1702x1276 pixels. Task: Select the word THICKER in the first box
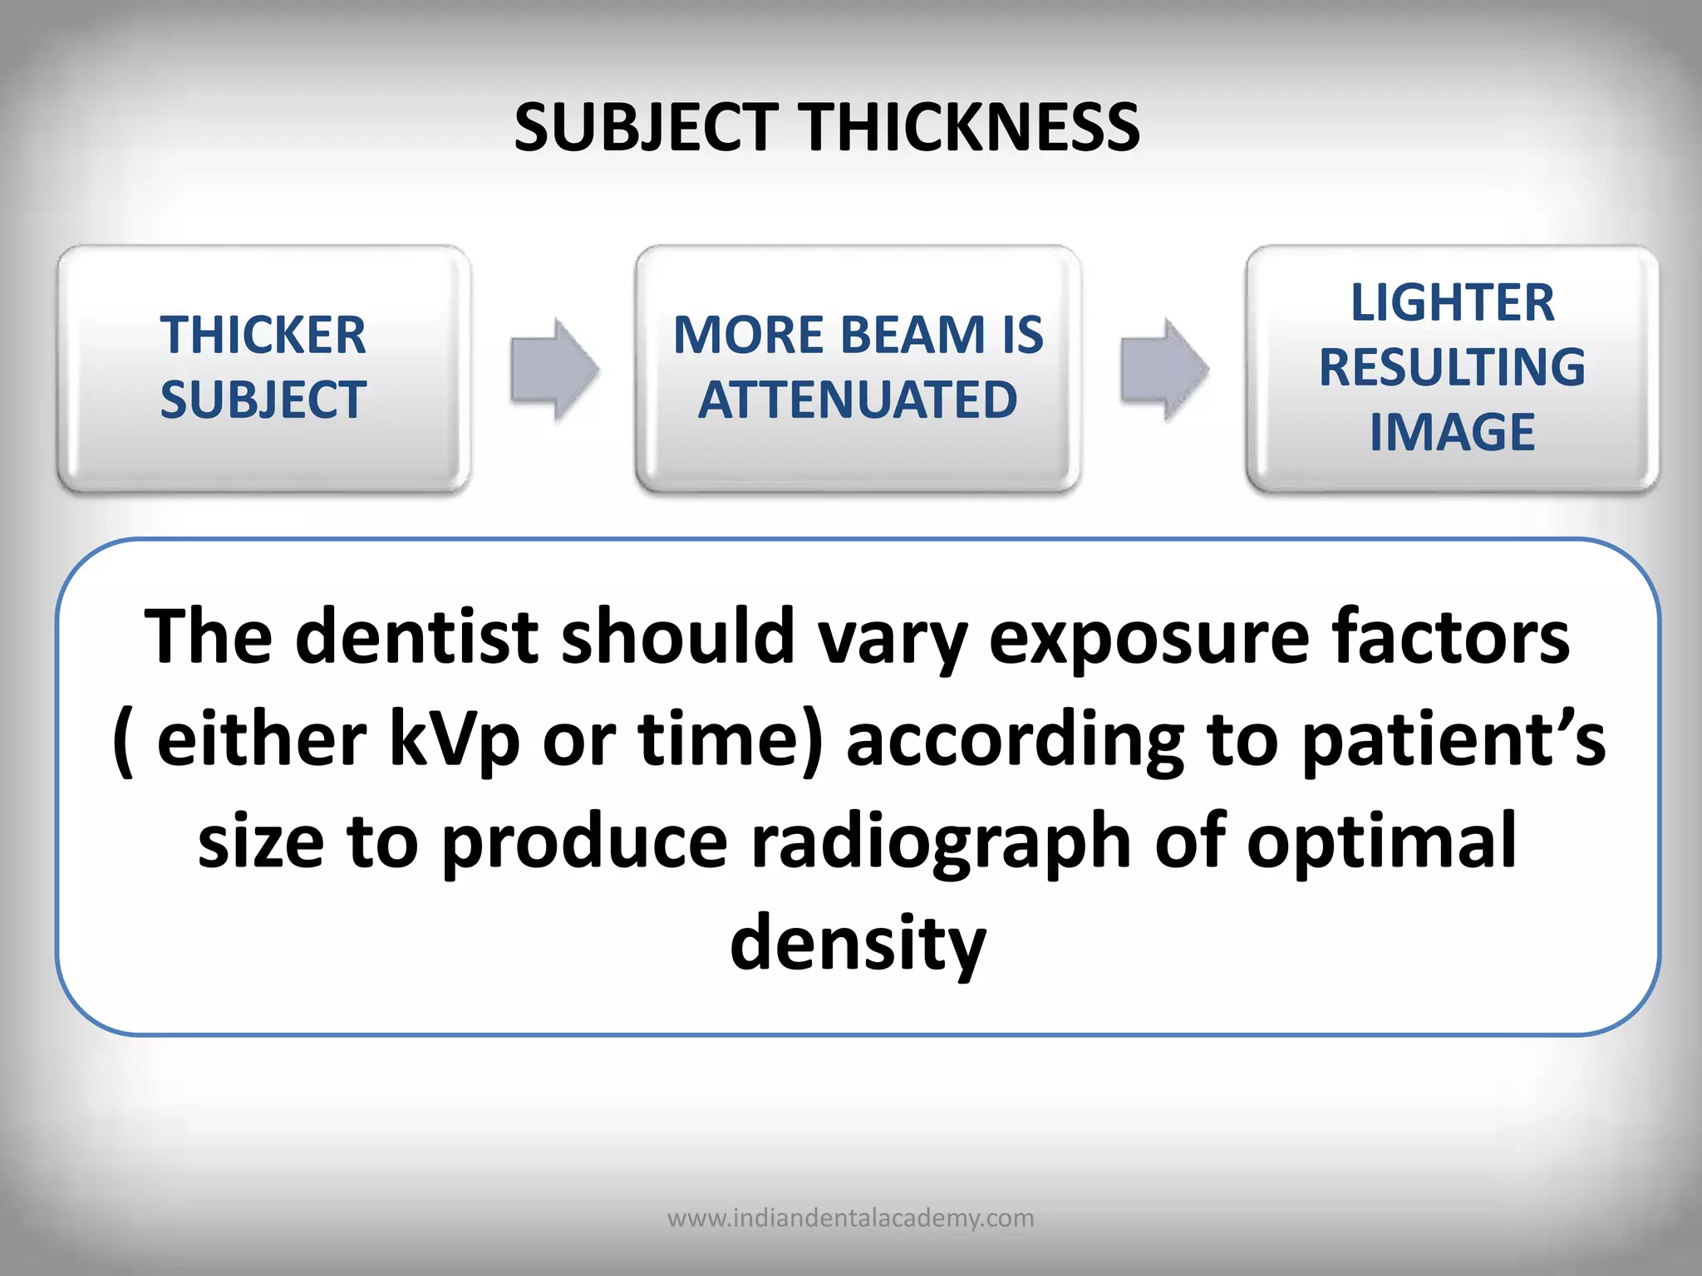(x=263, y=335)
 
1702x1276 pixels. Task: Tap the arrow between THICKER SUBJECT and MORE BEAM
(x=553, y=369)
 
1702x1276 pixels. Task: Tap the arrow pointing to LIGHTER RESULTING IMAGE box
(x=1163, y=369)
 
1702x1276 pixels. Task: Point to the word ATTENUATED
(x=858, y=400)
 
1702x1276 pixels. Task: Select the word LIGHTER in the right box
(x=1452, y=302)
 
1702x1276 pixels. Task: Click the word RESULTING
(x=1452, y=367)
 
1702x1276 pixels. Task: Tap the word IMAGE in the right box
(x=1452, y=432)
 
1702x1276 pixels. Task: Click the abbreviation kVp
(x=455, y=740)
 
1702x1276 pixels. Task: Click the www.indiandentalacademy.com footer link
(x=851, y=1218)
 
